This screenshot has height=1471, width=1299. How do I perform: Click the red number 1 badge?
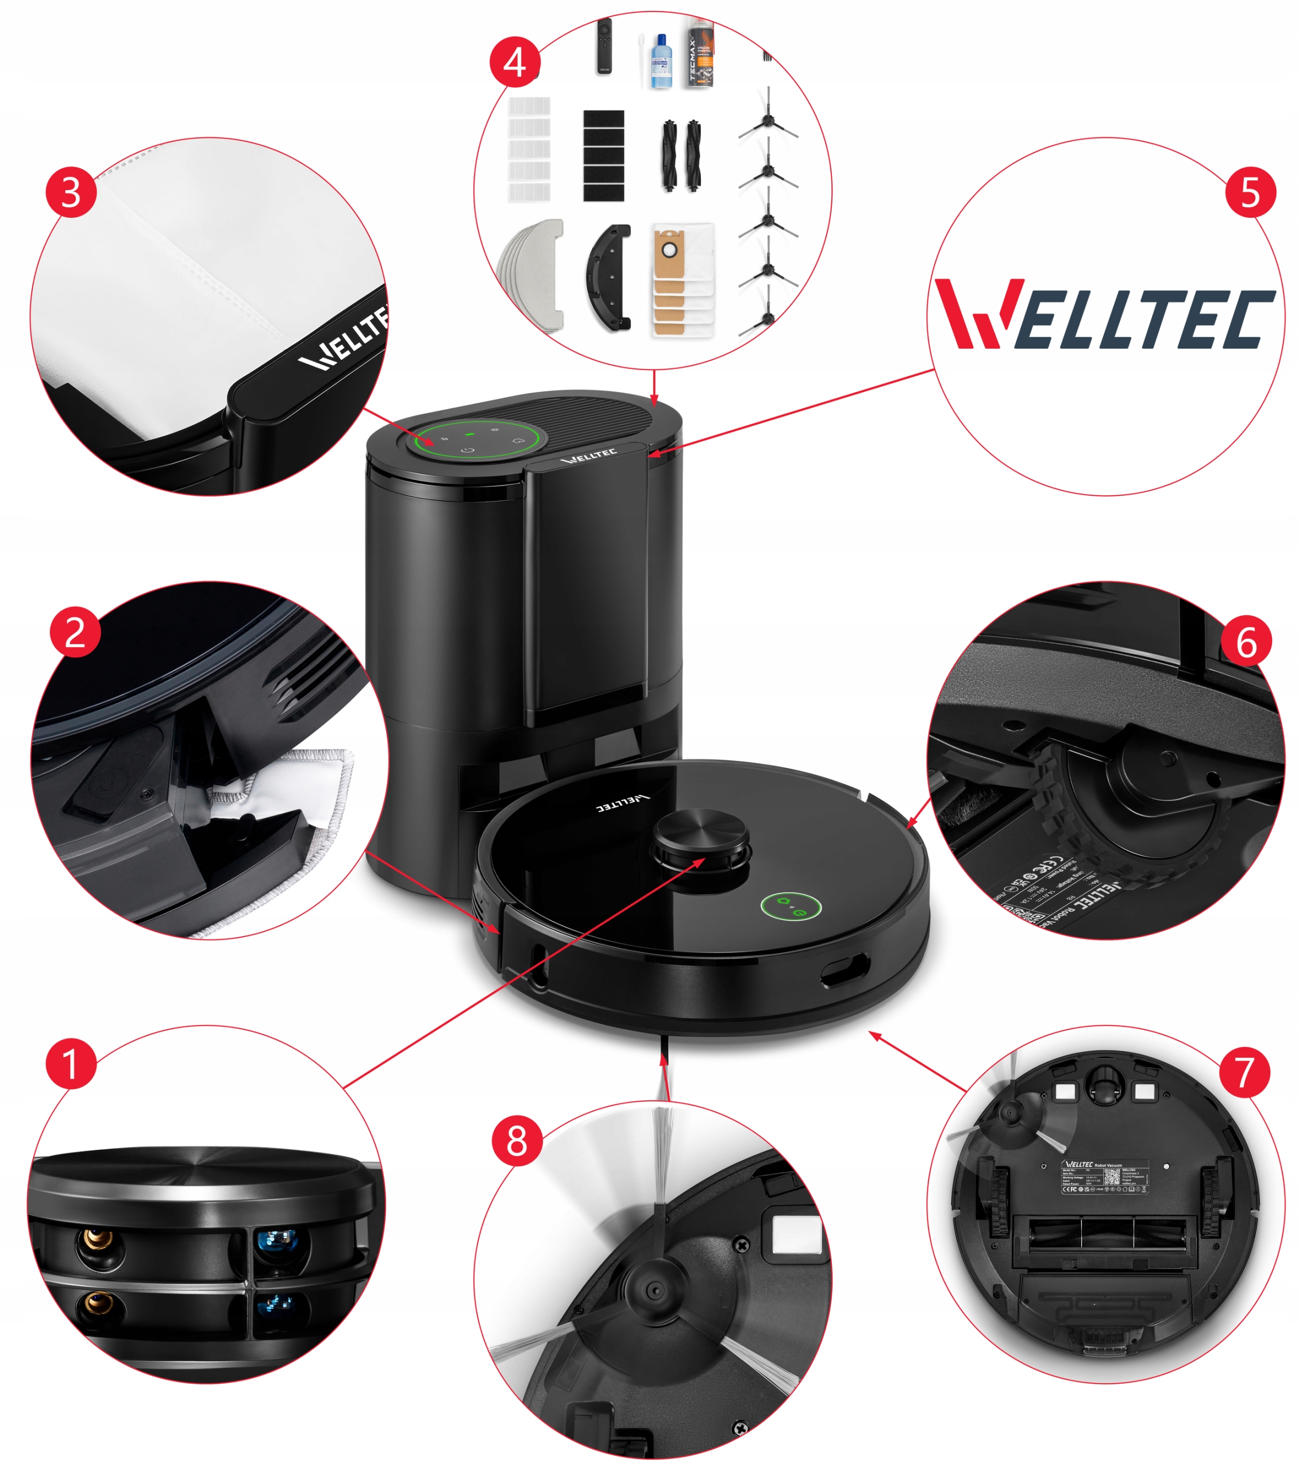click(x=71, y=1063)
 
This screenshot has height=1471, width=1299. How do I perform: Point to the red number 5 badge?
click(x=1250, y=192)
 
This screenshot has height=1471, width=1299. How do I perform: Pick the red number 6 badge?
click(x=1246, y=641)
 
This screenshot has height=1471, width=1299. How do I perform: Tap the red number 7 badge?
click(x=1244, y=1072)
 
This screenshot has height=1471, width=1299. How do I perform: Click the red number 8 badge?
click(x=516, y=1141)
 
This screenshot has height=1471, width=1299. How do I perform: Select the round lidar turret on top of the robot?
click(x=700, y=835)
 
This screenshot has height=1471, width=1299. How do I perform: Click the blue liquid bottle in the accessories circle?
click(x=660, y=63)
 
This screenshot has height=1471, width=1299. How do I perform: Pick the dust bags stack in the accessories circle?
click(x=682, y=280)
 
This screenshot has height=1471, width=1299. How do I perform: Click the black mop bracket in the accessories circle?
click(x=609, y=277)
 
